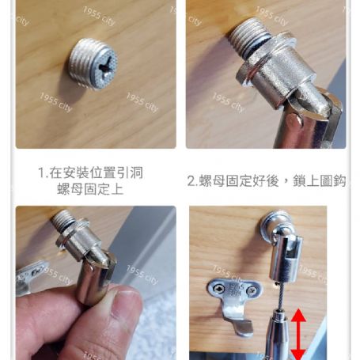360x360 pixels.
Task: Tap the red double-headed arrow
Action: click(299, 333)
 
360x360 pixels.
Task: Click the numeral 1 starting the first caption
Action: click(41, 172)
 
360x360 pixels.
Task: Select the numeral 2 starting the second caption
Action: click(191, 180)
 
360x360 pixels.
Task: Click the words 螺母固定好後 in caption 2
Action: click(237, 180)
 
